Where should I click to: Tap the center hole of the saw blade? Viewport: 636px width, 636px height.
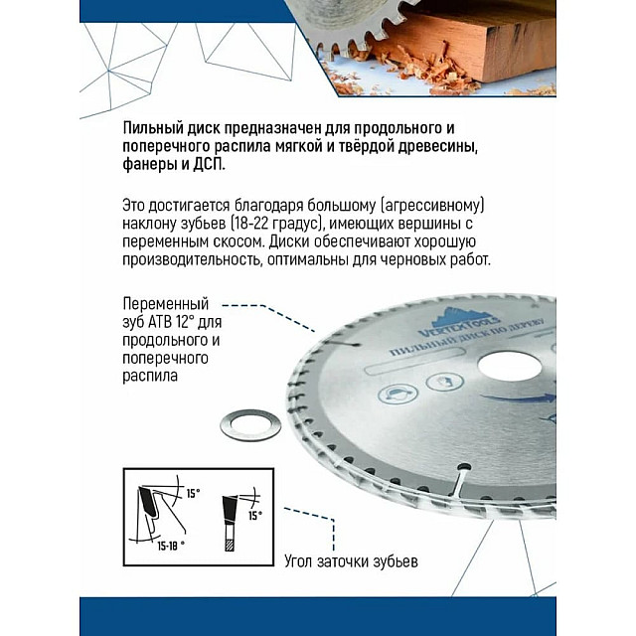pos(508,366)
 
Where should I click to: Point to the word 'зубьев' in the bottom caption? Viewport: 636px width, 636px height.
pos(392,561)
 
